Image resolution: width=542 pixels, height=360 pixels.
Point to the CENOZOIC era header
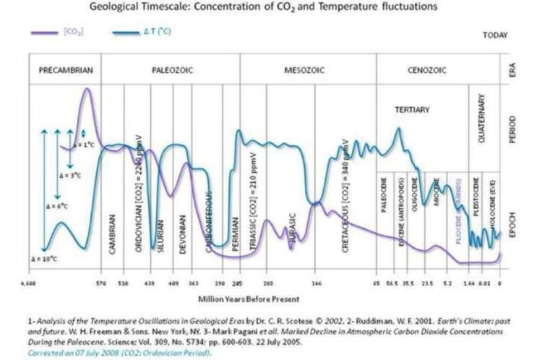tap(427, 71)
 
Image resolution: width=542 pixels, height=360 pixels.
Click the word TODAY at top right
tap(496, 35)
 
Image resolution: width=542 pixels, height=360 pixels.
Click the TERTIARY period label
tap(413, 110)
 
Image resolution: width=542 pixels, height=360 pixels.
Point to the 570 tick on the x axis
tap(101, 283)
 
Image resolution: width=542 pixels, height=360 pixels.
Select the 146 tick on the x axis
tap(316, 283)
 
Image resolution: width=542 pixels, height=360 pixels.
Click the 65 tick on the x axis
tap(376, 283)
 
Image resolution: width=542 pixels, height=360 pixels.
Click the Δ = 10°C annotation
tap(46, 258)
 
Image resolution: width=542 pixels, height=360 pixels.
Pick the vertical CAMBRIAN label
tap(113, 231)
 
